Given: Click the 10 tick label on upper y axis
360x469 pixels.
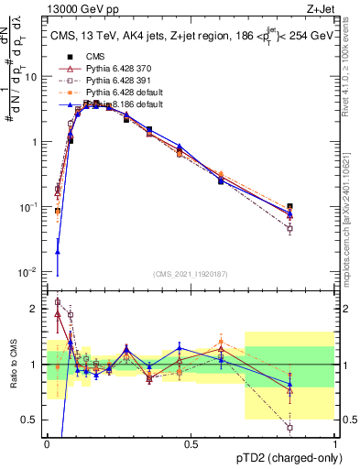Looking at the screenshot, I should click(34, 77).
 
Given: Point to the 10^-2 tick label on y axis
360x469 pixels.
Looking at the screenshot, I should click(32, 272).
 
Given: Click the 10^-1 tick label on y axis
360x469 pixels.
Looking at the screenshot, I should click(32, 207).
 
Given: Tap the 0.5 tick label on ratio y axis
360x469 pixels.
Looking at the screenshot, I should click(34, 420).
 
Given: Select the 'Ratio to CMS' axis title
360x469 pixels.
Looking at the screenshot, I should click(12, 365).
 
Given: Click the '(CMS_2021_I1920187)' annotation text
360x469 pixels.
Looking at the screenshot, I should click(191, 274).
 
